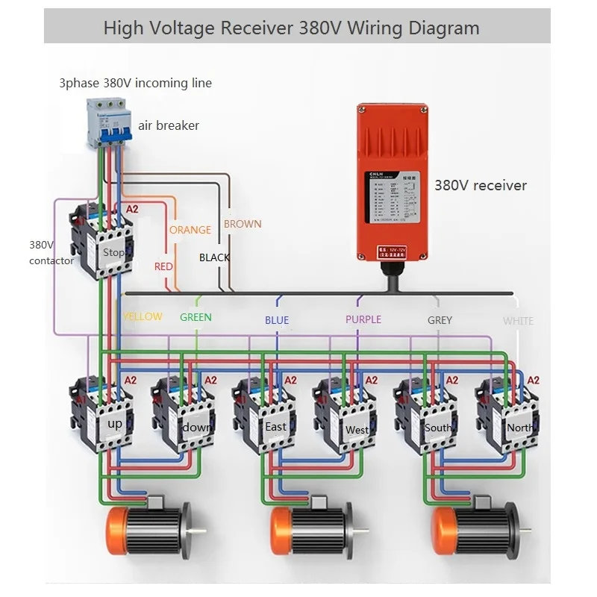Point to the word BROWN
[243, 224]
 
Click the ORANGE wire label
[190, 230]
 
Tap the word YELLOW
[143, 316]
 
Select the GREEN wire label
[196, 317]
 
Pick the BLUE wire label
[276, 320]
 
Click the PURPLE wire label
[363, 319]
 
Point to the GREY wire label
[440, 320]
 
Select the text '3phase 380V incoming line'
[135, 83]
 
